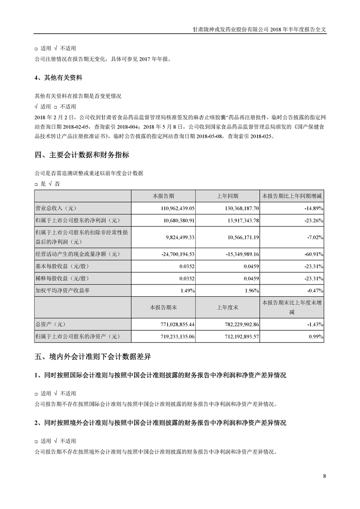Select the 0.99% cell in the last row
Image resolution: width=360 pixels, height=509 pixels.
coord(315,337)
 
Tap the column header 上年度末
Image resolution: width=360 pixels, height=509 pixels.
coord(227,307)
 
